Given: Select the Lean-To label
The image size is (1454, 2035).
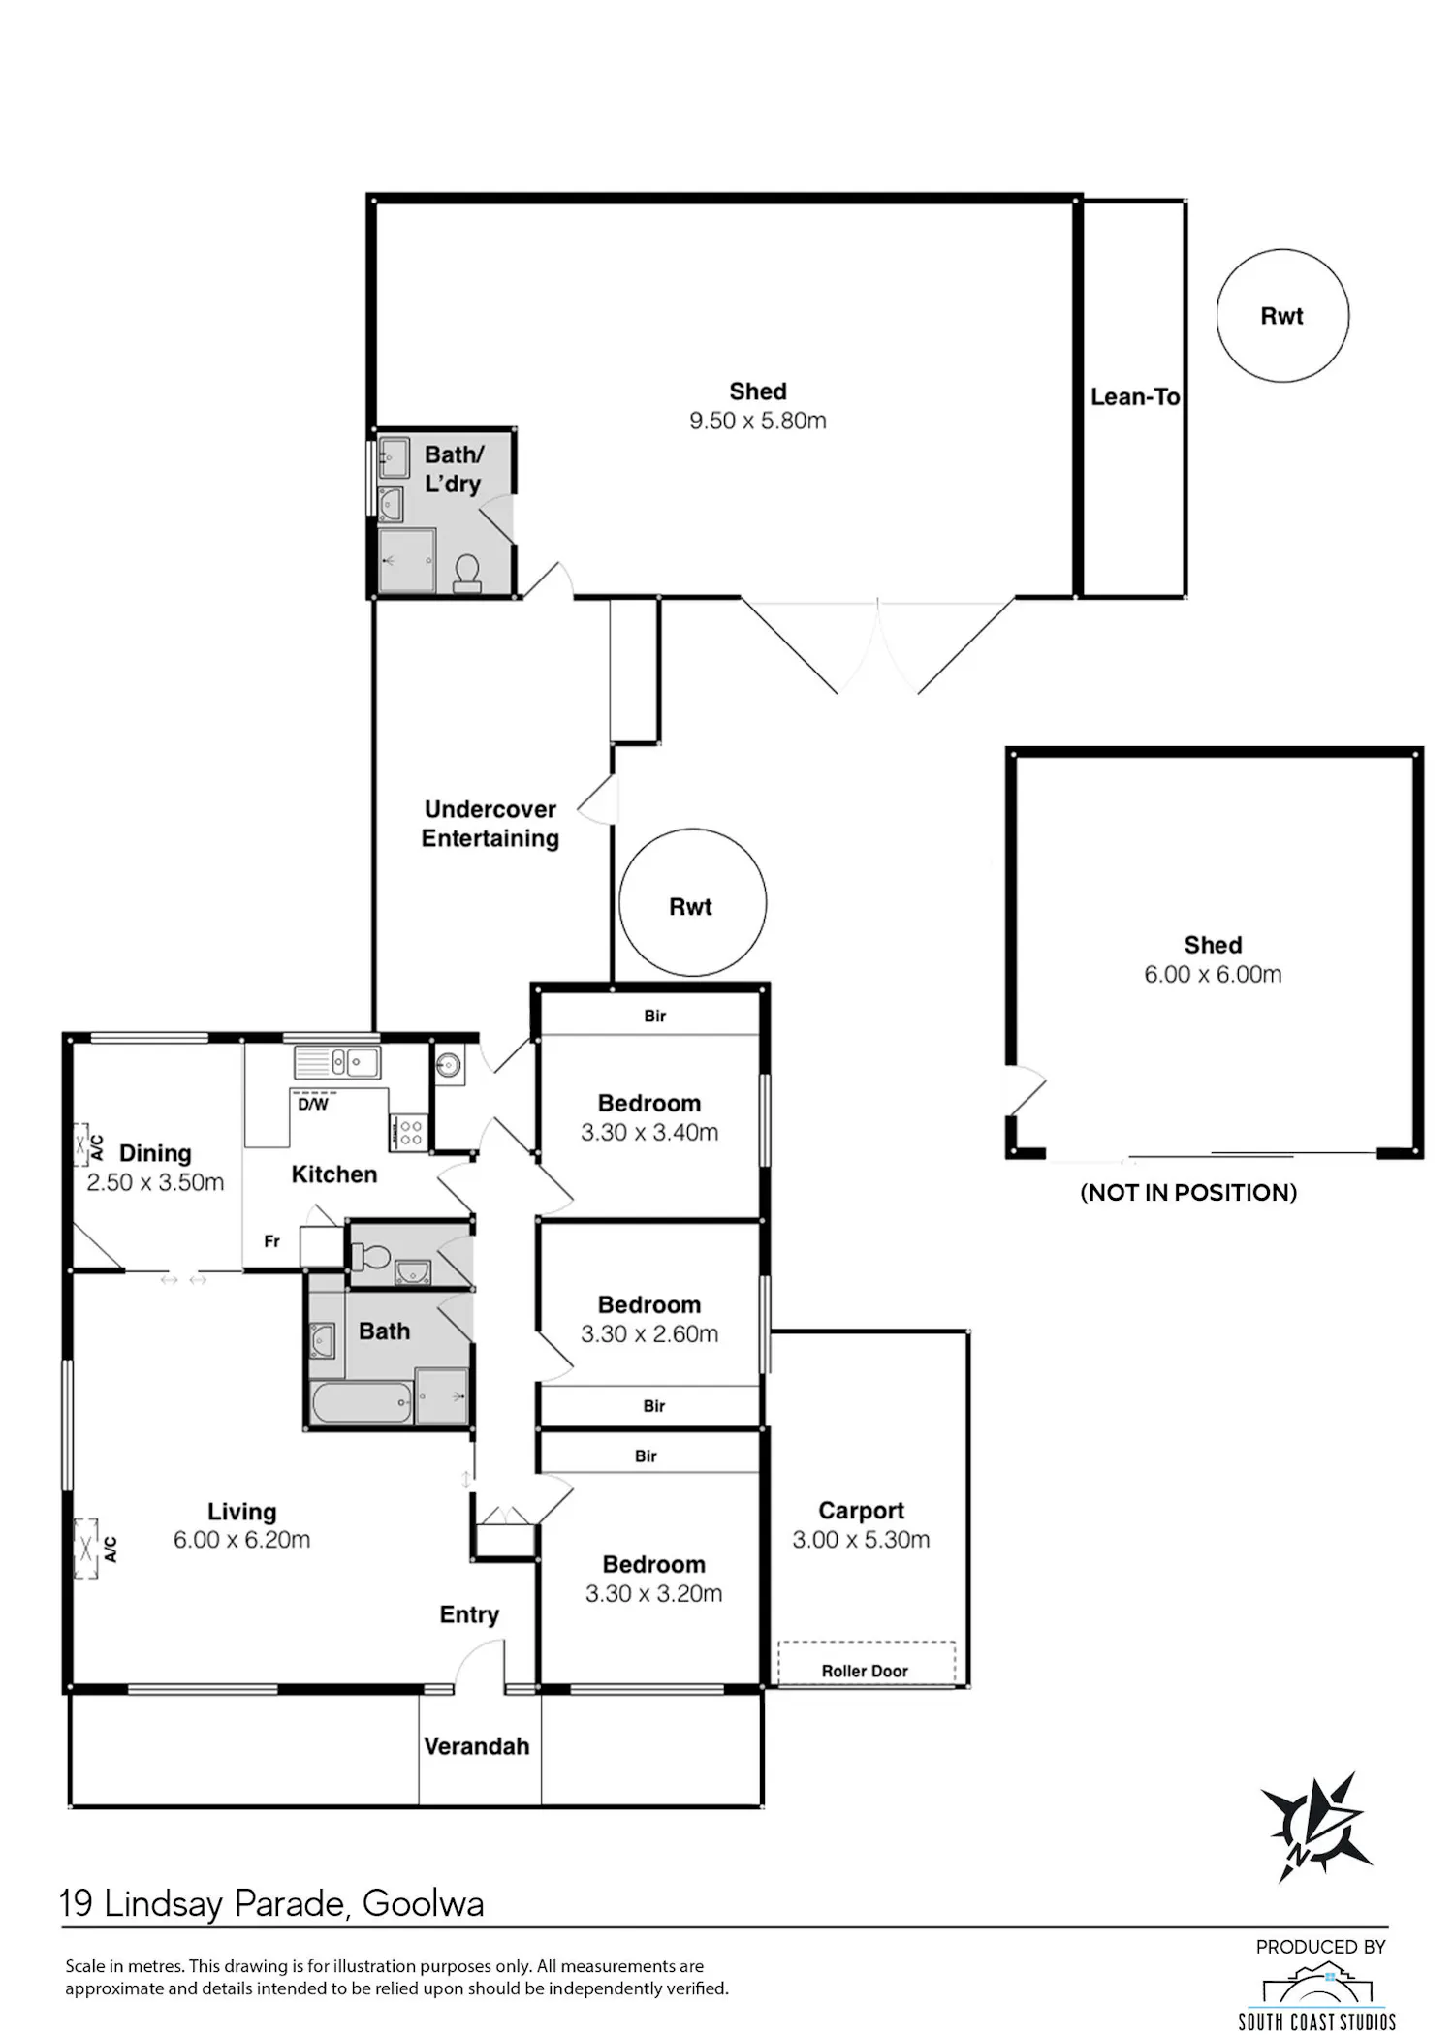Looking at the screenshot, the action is [1135, 396].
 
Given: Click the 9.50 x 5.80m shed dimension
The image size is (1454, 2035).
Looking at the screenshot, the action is [758, 421].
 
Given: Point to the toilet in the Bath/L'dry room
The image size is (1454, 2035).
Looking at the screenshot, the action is [467, 573].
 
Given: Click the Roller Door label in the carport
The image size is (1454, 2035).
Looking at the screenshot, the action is [865, 1671].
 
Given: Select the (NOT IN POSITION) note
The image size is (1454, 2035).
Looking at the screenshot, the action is [1188, 1192].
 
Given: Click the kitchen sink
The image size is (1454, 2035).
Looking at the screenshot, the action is [337, 1063].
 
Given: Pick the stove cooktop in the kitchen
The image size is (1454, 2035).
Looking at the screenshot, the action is [408, 1133].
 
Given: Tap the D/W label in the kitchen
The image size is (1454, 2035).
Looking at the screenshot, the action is [313, 1104].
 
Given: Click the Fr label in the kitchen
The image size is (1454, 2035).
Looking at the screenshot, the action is [272, 1241].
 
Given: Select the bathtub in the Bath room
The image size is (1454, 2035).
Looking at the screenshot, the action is [362, 1402].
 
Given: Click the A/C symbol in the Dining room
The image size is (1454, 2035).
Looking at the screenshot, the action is [89, 1146].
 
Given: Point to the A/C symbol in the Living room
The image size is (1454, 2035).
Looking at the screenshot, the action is [96, 1548].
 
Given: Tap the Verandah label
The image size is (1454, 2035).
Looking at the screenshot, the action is [477, 1746].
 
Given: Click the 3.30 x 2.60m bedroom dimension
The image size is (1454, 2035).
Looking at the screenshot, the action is [649, 1333].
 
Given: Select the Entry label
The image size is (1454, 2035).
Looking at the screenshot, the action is [469, 1614].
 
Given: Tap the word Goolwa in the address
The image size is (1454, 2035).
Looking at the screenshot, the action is [423, 1904].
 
